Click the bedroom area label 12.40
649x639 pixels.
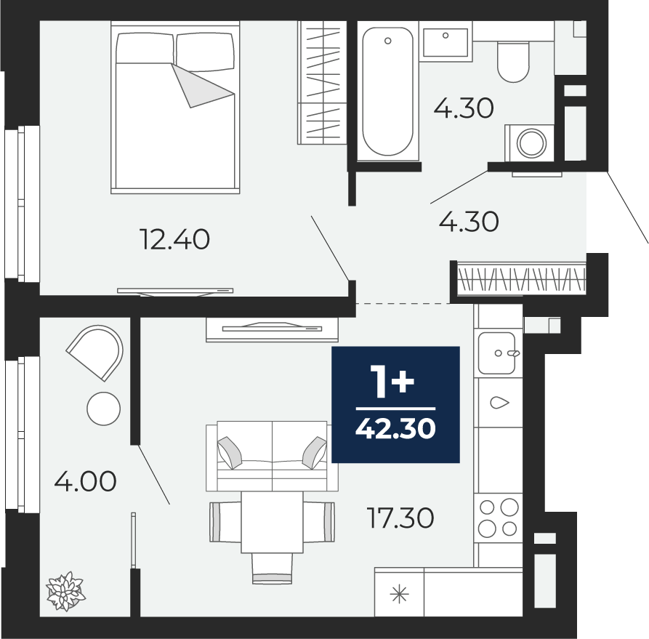pyautogui.click(x=175, y=239)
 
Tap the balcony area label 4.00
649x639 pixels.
pyautogui.click(x=85, y=481)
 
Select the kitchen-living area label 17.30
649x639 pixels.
pyautogui.click(x=400, y=518)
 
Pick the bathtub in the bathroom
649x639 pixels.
pyautogui.click(x=388, y=92)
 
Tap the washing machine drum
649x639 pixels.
pyautogui.click(x=532, y=143)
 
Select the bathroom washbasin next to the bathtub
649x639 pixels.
pyautogui.click(x=446, y=42)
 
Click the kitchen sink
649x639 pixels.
pyautogui.click(x=496, y=353)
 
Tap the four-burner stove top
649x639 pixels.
pyautogui.click(x=499, y=518)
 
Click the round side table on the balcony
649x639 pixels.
pyautogui.click(x=103, y=409)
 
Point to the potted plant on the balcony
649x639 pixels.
pyautogui.click(x=65, y=591)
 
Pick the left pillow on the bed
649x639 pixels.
pyautogui.click(x=145, y=48)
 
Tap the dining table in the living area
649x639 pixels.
pyautogui.click(x=273, y=522)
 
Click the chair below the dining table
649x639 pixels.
pyautogui.click(x=273, y=568)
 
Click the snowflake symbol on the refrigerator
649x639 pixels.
pyautogui.click(x=400, y=595)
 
